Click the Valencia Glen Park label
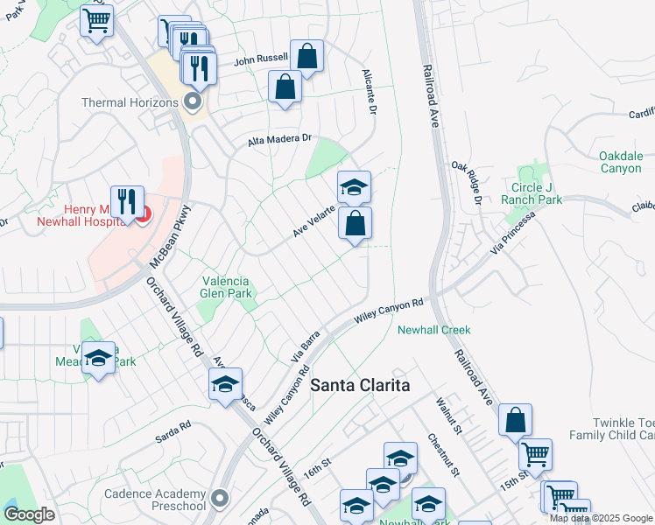click(227, 288)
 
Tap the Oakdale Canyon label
click(621, 162)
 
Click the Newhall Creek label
click(434, 330)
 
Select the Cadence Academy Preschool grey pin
click(220, 499)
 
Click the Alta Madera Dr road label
click(279, 138)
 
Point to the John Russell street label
click(261, 59)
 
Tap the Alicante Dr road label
click(370, 93)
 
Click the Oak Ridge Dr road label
click(468, 183)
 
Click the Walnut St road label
click(448, 413)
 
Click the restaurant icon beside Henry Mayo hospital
click(128, 200)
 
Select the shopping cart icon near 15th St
click(535, 453)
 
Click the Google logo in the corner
click(29, 514)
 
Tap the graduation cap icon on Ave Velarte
click(354, 185)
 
